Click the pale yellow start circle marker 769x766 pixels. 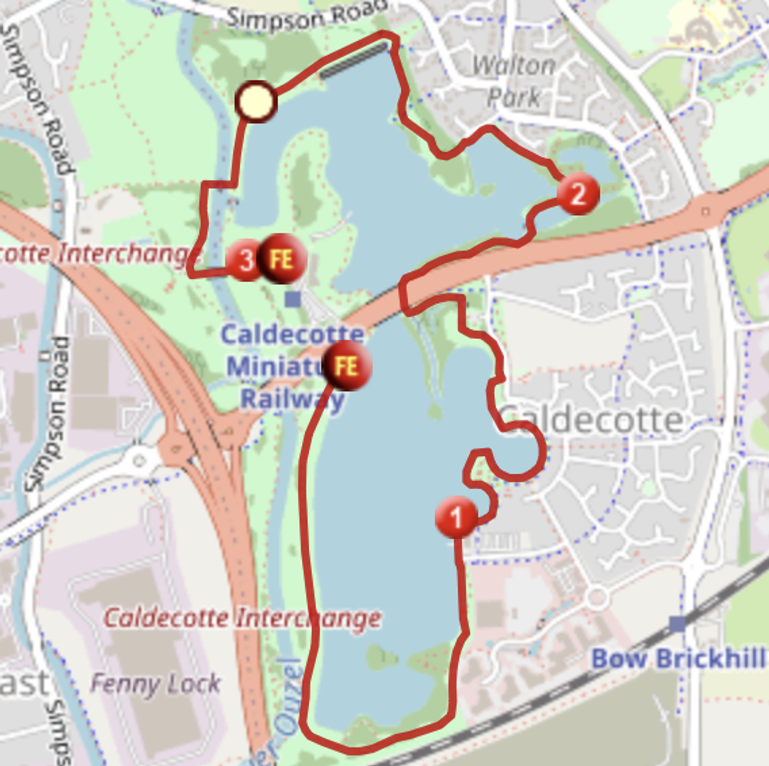click(256, 101)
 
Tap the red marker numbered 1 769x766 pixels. click(456, 517)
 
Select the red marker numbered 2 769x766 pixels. click(578, 193)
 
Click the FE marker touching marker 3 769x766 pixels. click(282, 259)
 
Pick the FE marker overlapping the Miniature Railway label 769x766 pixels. click(347, 367)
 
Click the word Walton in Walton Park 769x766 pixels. click(514, 65)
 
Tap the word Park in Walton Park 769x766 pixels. click(514, 97)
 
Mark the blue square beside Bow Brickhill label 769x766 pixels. click(677, 623)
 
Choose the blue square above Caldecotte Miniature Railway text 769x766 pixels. click(293, 299)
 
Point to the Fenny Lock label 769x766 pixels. click(156, 684)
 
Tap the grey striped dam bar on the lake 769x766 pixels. click(354, 60)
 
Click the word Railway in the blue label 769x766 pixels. click(292, 399)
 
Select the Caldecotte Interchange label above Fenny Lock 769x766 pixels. click(242, 619)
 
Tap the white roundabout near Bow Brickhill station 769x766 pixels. click(597, 598)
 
